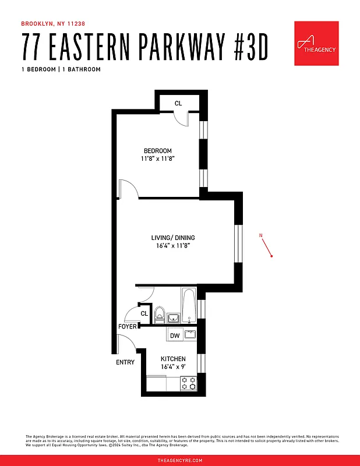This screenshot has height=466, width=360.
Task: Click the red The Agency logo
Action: click(x=316, y=44)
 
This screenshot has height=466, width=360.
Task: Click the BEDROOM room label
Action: click(x=157, y=151)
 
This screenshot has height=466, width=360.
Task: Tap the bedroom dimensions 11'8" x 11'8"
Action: click(x=157, y=158)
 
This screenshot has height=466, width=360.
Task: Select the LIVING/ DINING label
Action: click(x=173, y=238)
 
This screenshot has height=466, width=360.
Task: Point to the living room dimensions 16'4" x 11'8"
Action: click(x=173, y=246)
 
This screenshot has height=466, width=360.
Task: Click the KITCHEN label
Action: click(x=173, y=359)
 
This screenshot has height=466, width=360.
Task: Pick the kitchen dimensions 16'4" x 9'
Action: click(x=173, y=367)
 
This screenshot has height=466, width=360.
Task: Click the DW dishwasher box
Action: click(x=174, y=335)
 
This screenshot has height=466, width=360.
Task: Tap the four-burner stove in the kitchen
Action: click(x=188, y=383)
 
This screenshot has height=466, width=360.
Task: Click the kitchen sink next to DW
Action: click(x=189, y=334)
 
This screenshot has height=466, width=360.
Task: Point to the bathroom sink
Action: click(x=174, y=317)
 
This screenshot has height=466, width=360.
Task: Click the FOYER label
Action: click(x=128, y=327)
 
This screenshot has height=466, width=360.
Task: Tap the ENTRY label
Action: click(x=125, y=362)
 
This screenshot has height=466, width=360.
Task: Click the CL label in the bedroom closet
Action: click(x=178, y=103)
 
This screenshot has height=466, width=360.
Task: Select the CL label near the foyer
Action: click(x=144, y=314)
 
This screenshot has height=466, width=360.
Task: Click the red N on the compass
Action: click(x=262, y=235)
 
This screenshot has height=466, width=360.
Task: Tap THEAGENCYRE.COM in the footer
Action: click(x=180, y=460)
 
